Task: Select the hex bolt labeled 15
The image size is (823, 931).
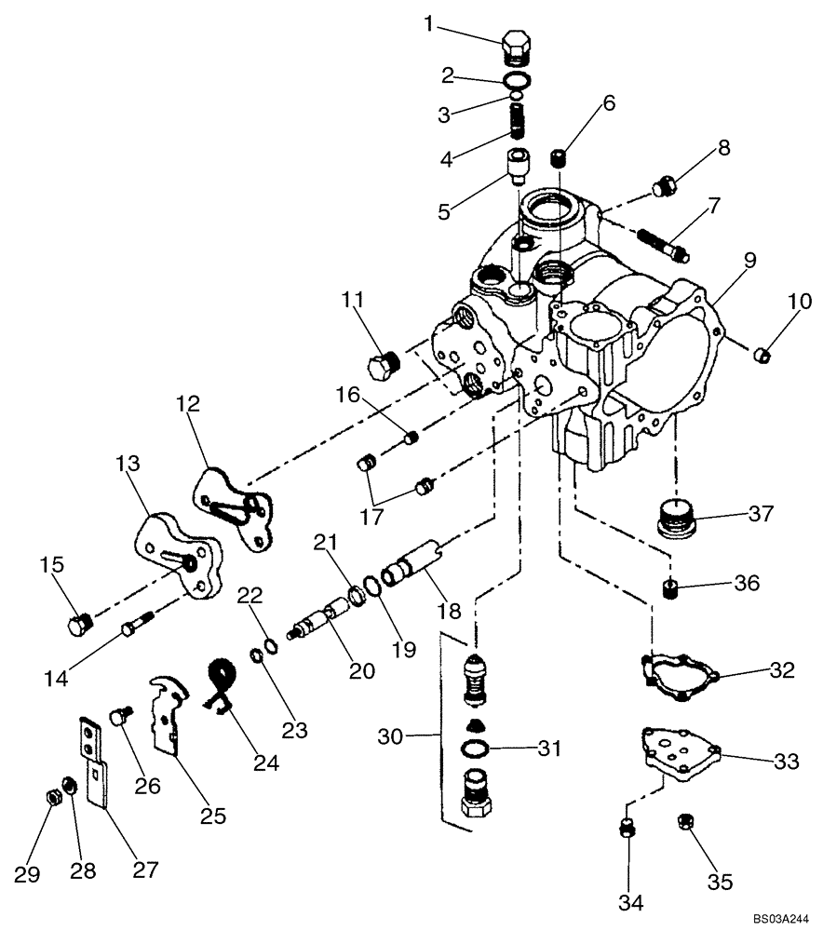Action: click(81, 624)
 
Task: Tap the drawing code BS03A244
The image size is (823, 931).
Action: click(779, 917)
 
